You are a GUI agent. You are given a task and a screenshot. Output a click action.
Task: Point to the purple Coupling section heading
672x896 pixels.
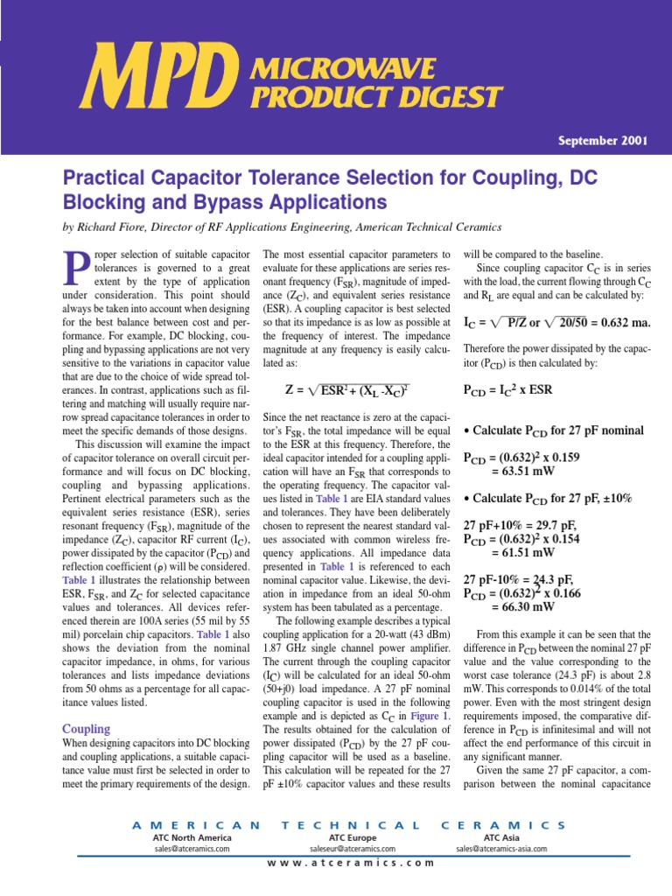click(86, 729)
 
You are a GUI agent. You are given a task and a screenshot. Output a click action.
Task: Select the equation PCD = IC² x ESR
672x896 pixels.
click(517, 389)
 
